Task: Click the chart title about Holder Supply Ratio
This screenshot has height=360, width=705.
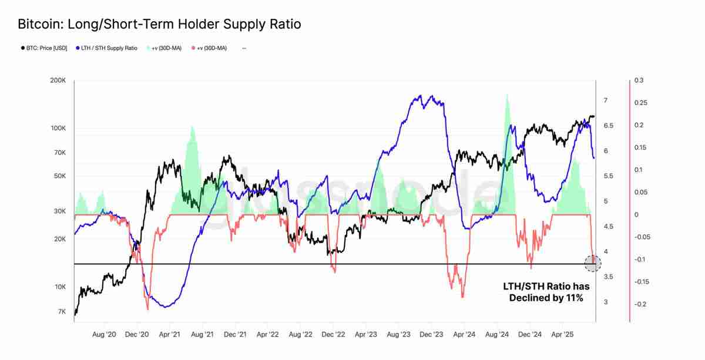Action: pos(159,24)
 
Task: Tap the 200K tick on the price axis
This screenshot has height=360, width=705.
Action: pos(58,81)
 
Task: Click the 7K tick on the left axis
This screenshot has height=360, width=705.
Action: pos(61,312)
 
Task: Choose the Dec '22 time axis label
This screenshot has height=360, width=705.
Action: pos(333,335)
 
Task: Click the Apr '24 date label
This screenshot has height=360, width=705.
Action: pos(464,335)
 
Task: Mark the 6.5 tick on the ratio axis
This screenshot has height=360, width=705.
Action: pos(609,126)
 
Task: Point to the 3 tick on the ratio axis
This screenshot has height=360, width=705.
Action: pos(606,302)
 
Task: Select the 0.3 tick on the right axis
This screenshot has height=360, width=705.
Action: pos(639,81)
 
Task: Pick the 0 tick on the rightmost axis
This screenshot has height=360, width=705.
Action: pos(636,215)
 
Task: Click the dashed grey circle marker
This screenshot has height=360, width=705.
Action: pos(593,264)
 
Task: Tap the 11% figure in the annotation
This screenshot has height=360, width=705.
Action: pos(573,298)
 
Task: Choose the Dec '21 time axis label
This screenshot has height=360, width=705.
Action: pos(235,335)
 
